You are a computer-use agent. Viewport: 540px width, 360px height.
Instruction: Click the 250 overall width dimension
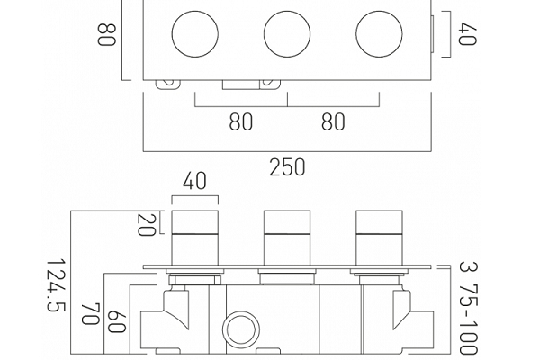pyautogui.click(x=287, y=167)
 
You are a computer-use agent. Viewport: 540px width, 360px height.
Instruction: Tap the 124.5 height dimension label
pyautogui.click(x=56, y=285)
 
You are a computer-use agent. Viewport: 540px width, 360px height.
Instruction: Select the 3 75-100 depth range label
pyautogui.click(x=469, y=308)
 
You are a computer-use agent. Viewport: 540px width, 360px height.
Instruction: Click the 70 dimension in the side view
pyautogui.click(x=91, y=313)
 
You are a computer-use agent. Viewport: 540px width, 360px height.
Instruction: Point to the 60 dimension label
pyautogui.click(x=116, y=321)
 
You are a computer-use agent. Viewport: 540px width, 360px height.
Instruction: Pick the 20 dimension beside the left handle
pyautogui.click(x=147, y=225)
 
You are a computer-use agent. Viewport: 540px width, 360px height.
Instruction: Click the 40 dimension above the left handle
pyautogui.click(x=194, y=181)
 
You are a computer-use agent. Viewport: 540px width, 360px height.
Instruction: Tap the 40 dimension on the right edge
pyautogui.click(x=467, y=34)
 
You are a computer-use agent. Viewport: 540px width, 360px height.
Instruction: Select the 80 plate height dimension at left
pyautogui.click(x=106, y=34)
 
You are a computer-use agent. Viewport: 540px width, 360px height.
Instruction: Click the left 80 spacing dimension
pyautogui.click(x=240, y=121)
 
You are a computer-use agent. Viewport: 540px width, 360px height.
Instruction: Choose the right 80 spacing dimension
pyautogui.click(x=333, y=121)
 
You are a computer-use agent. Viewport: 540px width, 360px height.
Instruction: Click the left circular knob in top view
pyautogui.click(x=195, y=34)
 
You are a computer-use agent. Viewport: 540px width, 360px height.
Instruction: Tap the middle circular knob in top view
pyautogui.click(x=287, y=34)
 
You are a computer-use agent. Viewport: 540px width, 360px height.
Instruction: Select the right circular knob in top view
pyautogui.click(x=379, y=34)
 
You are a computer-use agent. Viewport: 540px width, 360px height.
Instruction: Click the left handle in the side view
pyautogui.click(x=195, y=238)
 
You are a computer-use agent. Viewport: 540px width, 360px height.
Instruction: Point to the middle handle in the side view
pyautogui.click(x=287, y=238)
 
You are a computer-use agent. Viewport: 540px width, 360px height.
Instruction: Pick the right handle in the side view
pyautogui.click(x=379, y=238)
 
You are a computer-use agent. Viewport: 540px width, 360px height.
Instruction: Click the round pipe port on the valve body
pyautogui.click(x=241, y=328)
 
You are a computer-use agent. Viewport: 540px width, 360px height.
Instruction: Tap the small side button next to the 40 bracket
pyautogui.click(x=433, y=34)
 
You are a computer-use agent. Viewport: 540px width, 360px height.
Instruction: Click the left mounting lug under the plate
pyautogui.click(x=167, y=85)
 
